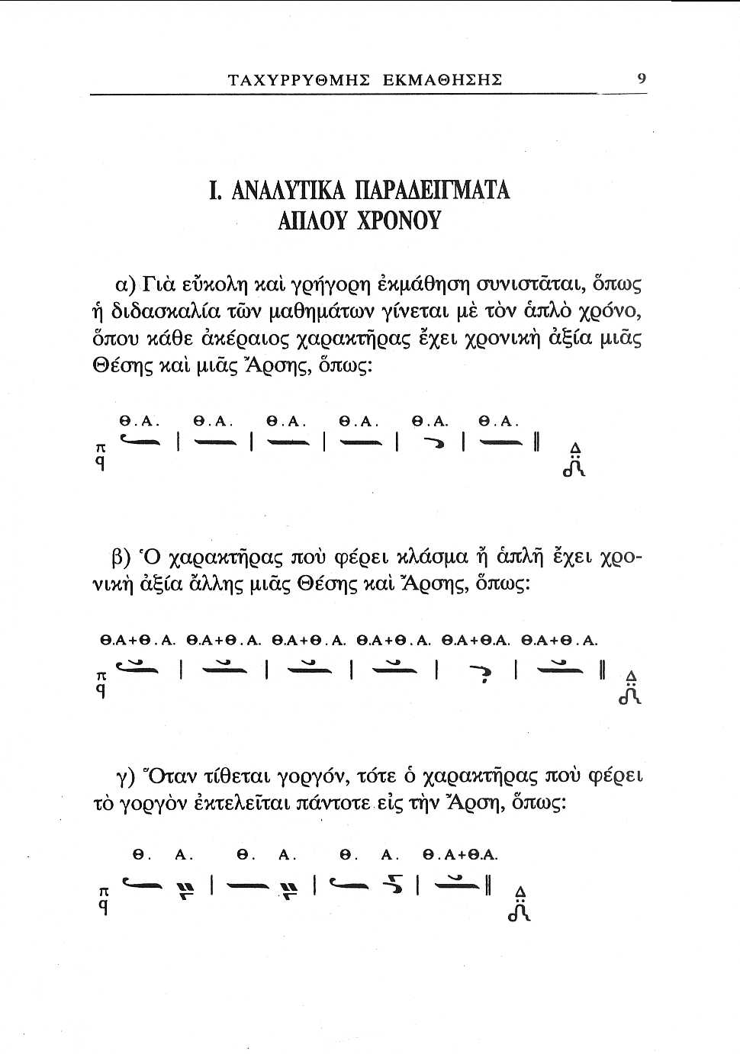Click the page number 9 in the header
coord(642,78)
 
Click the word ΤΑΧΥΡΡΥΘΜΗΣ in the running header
coord(299,79)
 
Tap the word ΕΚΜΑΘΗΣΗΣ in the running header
coord(442,79)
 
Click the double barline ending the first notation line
coord(537,442)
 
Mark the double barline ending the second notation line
coord(602,671)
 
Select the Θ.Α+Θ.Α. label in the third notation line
coord(460,855)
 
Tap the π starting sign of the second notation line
coord(100,676)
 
